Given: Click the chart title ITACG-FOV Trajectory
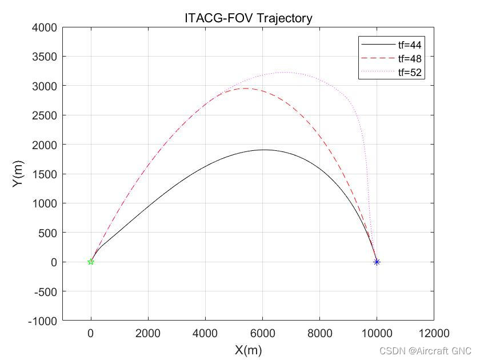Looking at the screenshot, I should [248, 18].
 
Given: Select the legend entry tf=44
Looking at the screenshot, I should [409, 44].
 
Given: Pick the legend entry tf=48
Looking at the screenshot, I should [409, 58].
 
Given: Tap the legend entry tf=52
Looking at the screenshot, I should [409, 73].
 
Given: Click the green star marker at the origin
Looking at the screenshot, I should [91, 262].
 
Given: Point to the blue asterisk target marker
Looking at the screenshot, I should [377, 262].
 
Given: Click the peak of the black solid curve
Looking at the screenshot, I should [263, 150].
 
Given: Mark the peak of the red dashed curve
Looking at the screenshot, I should [245, 88].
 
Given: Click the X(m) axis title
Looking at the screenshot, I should [248, 350].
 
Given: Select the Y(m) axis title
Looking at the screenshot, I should [19, 174].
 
